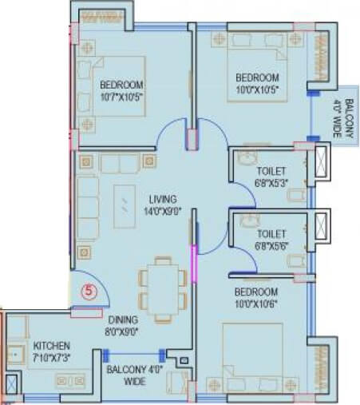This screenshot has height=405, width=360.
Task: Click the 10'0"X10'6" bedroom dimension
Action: (255, 304)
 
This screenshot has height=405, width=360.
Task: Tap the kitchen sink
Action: (14, 351)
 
